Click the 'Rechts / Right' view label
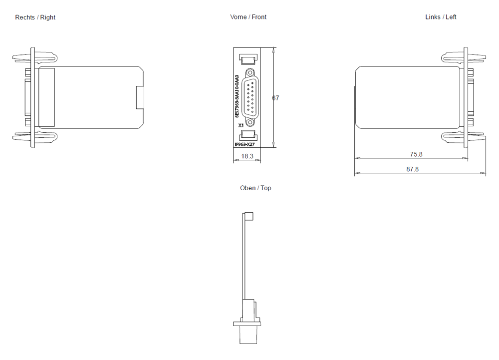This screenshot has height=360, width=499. [x=35, y=17]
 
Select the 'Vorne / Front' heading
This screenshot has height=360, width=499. [x=248, y=17]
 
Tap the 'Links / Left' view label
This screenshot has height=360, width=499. [x=441, y=17]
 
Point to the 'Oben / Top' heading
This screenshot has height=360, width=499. [x=255, y=188]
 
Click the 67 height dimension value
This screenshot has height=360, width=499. [x=275, y=98]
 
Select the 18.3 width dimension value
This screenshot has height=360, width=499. [x=248, y=156]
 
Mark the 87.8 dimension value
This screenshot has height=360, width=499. [x=412, y=169]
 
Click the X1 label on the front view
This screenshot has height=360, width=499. [x=241, y=125]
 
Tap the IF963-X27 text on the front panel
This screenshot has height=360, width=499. [x=245, y=144]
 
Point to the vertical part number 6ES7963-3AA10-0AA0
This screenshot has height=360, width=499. [x=237, y=96]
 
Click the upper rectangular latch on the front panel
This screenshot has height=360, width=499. [x=248, y=59]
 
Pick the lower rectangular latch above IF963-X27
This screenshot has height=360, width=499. [x=248, y=135]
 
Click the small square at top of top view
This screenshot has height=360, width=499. [x=248, y=216]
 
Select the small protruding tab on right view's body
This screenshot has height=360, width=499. [x=140, y=97]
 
